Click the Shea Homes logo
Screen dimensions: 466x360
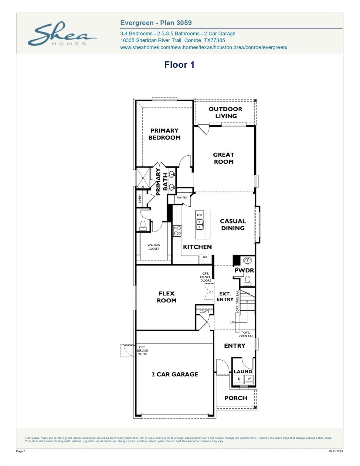(62, 34)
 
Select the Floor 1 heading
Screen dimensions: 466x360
(179, 65)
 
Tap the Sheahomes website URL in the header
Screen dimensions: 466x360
(203, 47)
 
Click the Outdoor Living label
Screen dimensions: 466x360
(226, 113)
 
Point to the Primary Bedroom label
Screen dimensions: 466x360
(164, 134)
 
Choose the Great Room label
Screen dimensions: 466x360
(224, 158)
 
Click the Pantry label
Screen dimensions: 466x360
(182, 198)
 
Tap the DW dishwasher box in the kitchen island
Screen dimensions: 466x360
(199, 215)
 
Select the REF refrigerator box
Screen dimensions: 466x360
(205, 257)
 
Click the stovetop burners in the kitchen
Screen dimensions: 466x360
(177, 231)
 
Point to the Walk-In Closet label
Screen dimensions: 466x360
(154, 247)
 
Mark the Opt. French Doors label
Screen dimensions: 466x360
(205, 277)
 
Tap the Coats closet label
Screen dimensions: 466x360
(204, 312)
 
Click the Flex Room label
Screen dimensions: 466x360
(167, 297)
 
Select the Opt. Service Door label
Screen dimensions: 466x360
(142, 351)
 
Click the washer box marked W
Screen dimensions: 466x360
(249, 379)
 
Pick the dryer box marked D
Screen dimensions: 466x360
(239, 379)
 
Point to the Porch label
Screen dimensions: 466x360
(236, 398)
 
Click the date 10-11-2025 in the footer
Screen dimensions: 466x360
(335, 451)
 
